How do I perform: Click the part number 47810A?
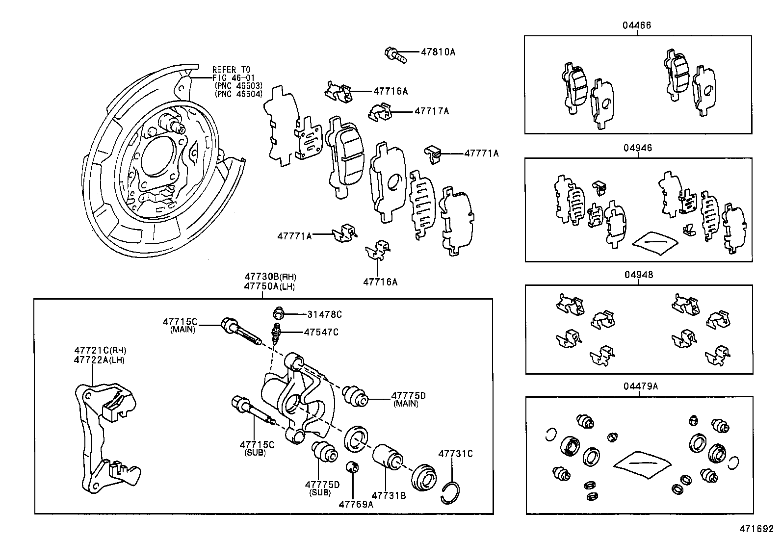point(438,51)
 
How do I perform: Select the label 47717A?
point(431,111)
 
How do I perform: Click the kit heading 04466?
point(637,26)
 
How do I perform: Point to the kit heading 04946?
point(638,148)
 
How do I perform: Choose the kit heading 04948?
point(638,275)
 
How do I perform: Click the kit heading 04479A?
point(640,386)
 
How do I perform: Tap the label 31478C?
point(324,314)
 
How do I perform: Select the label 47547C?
point(321,332)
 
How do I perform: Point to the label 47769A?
point(356,504)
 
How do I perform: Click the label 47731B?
point(389,495)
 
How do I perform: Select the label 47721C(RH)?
point(100,350)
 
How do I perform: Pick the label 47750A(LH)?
point(270,287)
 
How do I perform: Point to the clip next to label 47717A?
point(380,112)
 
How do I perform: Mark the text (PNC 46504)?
point(238,94)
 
